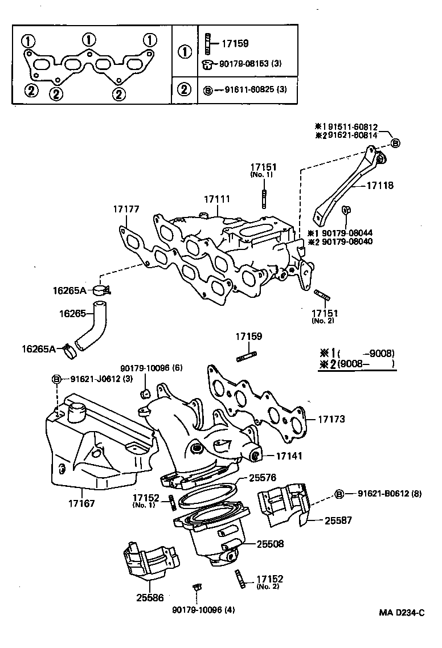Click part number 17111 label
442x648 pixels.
coord(217,199)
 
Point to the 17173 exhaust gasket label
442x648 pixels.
coord(331,419)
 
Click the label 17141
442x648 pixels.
coord(290,456)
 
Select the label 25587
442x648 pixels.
coord(339,520)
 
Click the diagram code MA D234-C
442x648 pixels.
coord(402,613)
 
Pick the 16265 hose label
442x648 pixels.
coord(72,313)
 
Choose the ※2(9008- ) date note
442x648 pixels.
coord(356,364)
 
